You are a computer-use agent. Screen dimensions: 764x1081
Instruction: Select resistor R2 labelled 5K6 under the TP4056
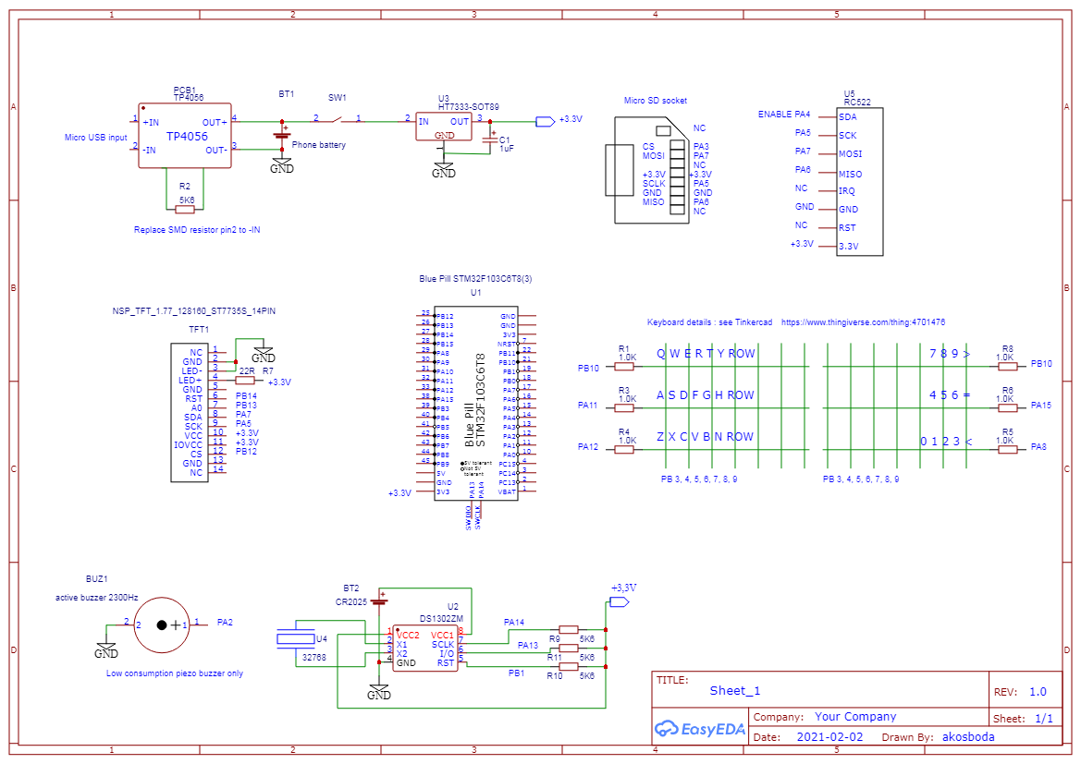[185, 210]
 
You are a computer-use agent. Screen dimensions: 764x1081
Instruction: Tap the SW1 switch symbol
[339, 117]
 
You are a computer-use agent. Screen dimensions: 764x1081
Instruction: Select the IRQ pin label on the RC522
[847, 191]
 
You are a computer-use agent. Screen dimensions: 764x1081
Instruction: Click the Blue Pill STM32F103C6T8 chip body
[476, 404]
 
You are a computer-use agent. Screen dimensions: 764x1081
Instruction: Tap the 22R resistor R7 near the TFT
[246, 379]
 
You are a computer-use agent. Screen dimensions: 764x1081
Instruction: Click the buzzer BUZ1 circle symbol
[162, 625]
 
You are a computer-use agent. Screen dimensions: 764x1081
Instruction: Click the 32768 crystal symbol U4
[296, 637]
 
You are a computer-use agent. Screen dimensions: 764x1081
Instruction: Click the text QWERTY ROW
[706, 354]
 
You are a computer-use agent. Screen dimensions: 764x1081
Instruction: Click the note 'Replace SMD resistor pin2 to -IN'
[197, 230]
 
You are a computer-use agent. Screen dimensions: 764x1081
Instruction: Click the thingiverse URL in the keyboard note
[863, 323]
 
